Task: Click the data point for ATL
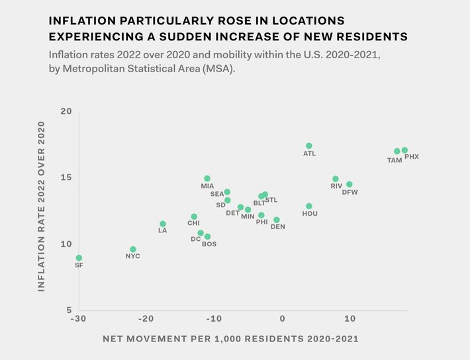(309, 146)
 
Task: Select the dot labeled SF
(79, 258)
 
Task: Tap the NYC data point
(133, 249)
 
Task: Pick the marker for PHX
(404, 150)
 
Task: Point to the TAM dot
(397, 152)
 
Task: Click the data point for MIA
(207, 179)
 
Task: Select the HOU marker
(309, 206)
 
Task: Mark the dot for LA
(163, 224)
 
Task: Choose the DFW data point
(350, 185)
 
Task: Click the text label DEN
(278, 227)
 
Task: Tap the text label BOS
(209, 244)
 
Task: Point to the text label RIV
(336, 187)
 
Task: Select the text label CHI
(193, 224)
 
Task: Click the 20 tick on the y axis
(66, 111)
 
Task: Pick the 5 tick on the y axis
(69, 310)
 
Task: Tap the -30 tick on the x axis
(77, 319)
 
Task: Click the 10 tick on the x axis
(349, 319)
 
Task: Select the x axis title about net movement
(230, 339)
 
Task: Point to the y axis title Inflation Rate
(42, 206)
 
